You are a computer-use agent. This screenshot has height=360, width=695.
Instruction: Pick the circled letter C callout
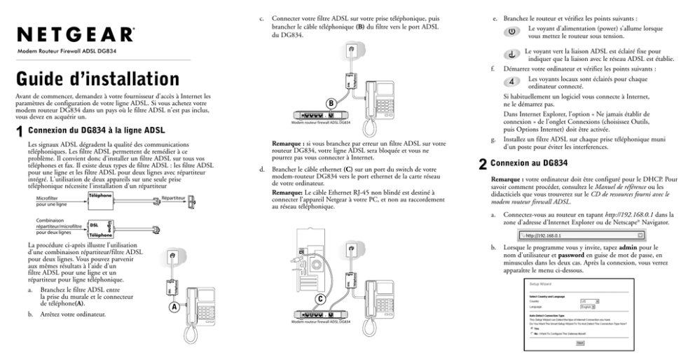(x=320, y=298)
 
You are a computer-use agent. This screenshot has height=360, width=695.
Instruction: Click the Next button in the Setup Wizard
(x=580, y=343)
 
